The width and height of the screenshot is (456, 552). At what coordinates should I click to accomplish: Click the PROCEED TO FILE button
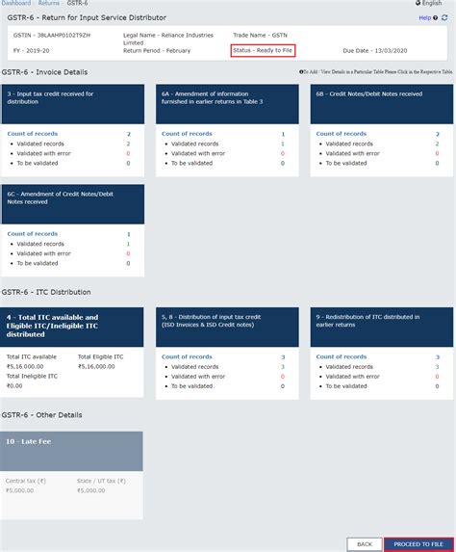(418, 544)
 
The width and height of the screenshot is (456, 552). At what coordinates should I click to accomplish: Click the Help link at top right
(424, 18)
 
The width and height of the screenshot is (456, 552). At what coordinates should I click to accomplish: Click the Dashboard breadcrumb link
(16, 4)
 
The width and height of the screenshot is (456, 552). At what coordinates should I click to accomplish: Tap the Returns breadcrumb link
(49, 4)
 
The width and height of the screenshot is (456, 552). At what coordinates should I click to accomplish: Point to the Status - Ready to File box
(263, 50)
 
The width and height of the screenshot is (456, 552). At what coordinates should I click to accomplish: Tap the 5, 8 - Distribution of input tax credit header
(227, 326)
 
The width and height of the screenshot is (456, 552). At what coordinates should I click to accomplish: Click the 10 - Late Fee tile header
(74, 450)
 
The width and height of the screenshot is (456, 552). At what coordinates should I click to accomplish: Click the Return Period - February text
(159, 50)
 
